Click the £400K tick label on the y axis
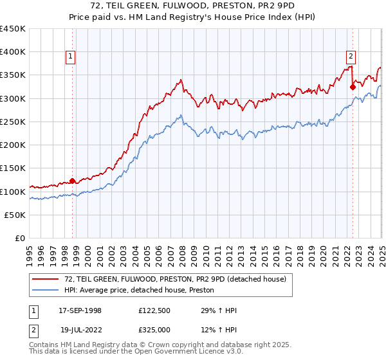tap(13, 52)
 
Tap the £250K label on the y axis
tap(13, 122)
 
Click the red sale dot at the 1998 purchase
tap(73, 181)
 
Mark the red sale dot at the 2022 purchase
tap(353, 87)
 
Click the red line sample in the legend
tap(46, 279)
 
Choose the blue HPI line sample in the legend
tap(46, 291)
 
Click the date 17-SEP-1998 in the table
tap(80, 310)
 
